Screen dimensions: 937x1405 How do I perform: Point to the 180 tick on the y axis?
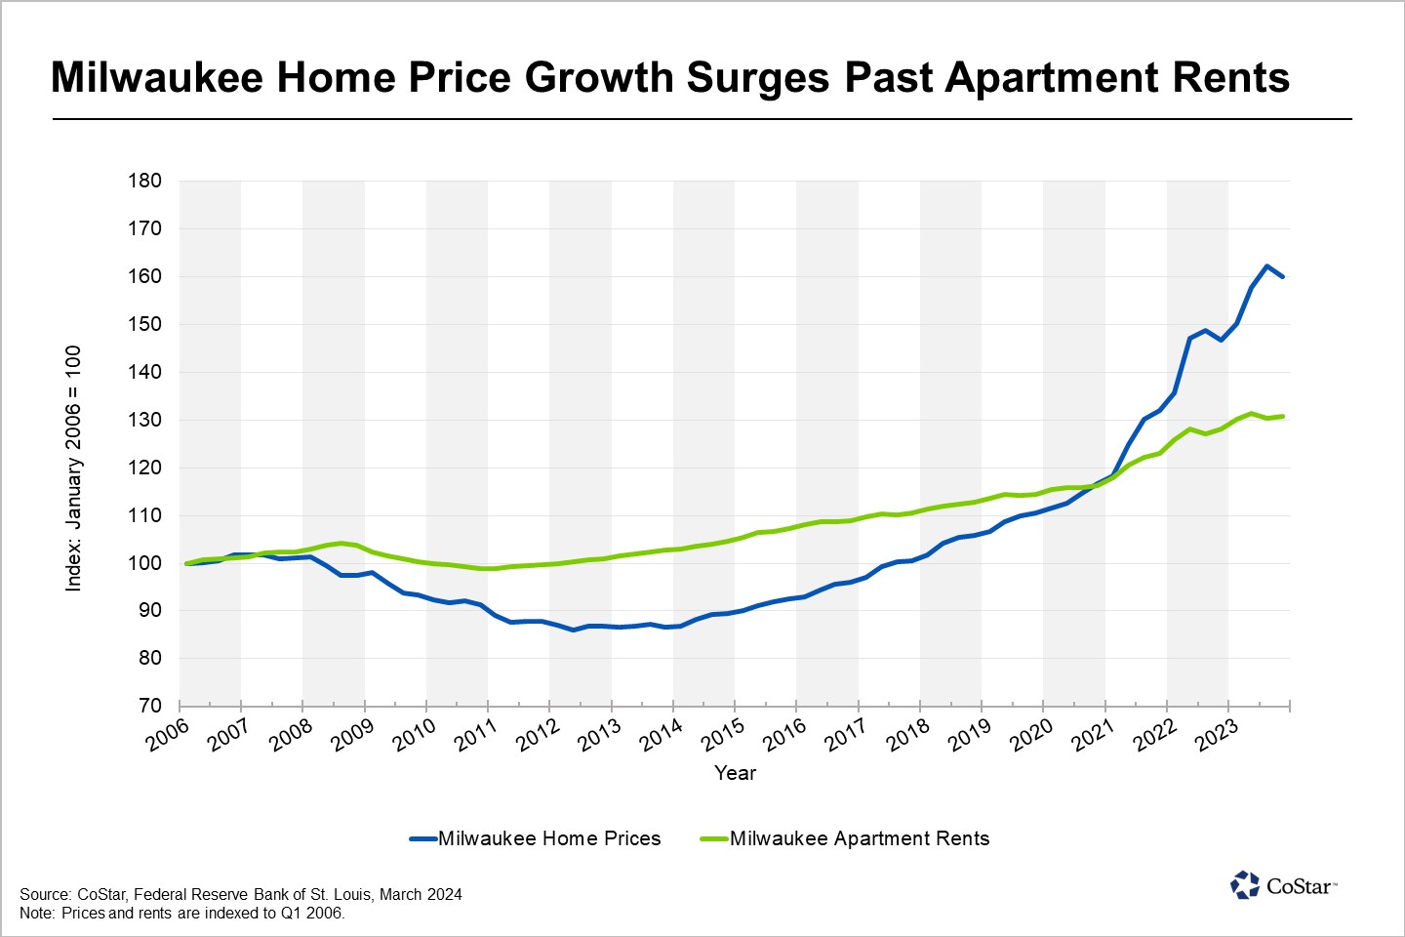pyautogui.click(x=144, y=181)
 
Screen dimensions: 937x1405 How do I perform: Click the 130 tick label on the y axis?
pyautogui.click(x=144, y=420)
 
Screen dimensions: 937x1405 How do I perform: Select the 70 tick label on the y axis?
pyautogui.click(x=149, y=706)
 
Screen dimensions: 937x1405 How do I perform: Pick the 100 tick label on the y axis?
pyautogui.click(x=144, y=563)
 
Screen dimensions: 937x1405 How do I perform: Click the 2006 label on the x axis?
pyautogui.click(x=169, y=736)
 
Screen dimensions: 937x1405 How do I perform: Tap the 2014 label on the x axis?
pyautogui.click(x=662, y=736)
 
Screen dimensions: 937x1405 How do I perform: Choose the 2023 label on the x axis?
pyautogui.click(x=1217, y=736)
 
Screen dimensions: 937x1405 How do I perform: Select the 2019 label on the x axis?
pyautogui.click(x=970, y=736)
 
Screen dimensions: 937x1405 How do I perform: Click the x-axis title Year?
pyautogui.click(x=735, y=773)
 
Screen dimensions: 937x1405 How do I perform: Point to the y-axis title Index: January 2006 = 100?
pyautogui.click(x=74, y=468)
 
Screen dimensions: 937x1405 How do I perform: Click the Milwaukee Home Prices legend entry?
pyautogui.click(x=548, y=838)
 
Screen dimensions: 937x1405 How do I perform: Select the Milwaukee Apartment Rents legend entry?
pyautogui.click(x=859, y=838)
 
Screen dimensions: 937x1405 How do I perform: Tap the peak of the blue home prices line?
pyautogui.click(x=1266, y=265)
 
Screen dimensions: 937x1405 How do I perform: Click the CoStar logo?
pyautogui.click(x=1283, y=885)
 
